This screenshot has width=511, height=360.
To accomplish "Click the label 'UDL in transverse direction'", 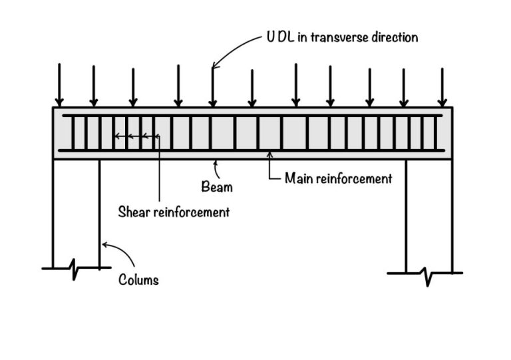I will point(342,37).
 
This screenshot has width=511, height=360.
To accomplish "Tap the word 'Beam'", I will point(217,187).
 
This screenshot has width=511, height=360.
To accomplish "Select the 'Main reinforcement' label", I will point(338,178).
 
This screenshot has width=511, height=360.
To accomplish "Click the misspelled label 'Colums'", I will point(138,279).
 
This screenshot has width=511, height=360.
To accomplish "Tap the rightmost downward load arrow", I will point(442,87).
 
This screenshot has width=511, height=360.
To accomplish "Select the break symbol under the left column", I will point(75,270).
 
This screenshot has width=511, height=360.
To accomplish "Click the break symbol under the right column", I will point(425,274).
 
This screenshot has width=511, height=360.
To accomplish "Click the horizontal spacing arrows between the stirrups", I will point(136,136).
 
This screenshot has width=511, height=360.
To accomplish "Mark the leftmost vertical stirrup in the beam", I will point(73,133).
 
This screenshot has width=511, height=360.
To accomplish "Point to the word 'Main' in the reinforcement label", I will point(298,178).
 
